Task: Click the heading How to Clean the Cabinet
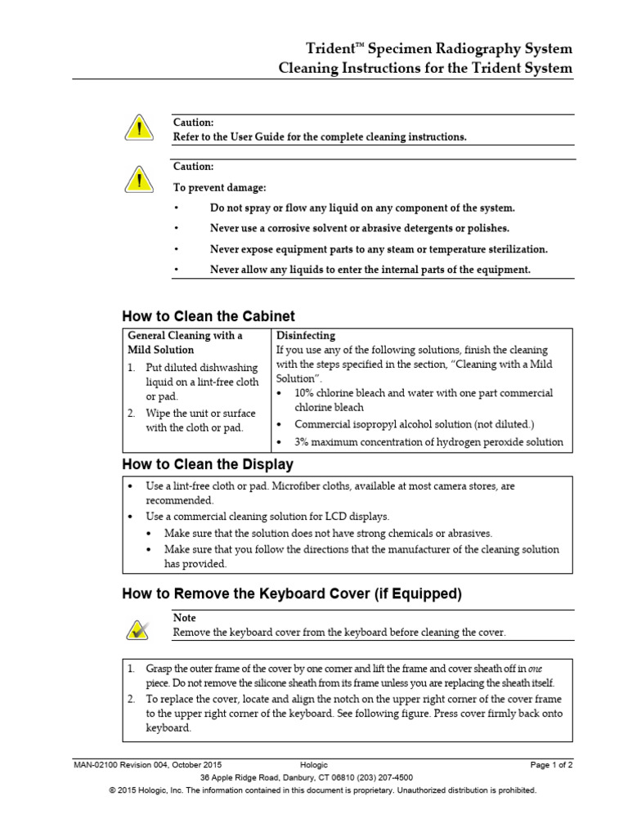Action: point(208,316)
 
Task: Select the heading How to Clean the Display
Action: point(207,464)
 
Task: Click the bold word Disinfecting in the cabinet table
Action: point(306,335)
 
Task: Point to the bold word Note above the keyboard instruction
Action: point(185,618)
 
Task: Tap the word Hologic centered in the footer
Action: point(313,764)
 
